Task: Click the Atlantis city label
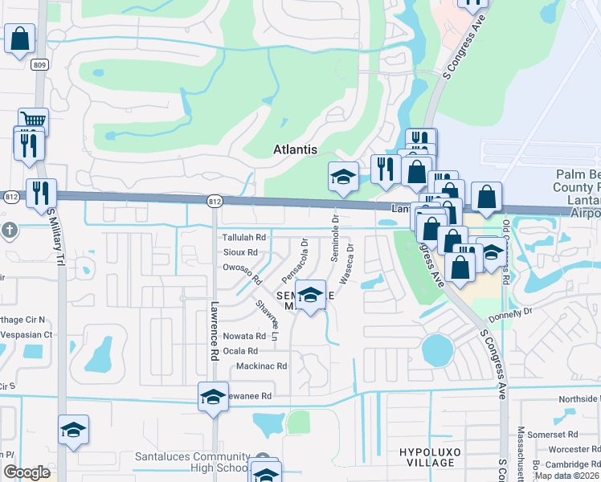point(295,149)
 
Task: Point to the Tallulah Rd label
point(244,238)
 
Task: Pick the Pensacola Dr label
point(295,259)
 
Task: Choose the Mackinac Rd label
point(261,366)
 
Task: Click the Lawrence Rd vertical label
point(215,329)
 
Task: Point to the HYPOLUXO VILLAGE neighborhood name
point(431,457)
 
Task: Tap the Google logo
point(27,472)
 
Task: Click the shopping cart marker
point(33,120)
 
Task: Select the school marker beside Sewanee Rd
point(213,397)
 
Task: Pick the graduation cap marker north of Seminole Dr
point(343,176)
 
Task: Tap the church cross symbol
point(9,231)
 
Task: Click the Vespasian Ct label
point(27,334)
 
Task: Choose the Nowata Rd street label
point(244,337)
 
